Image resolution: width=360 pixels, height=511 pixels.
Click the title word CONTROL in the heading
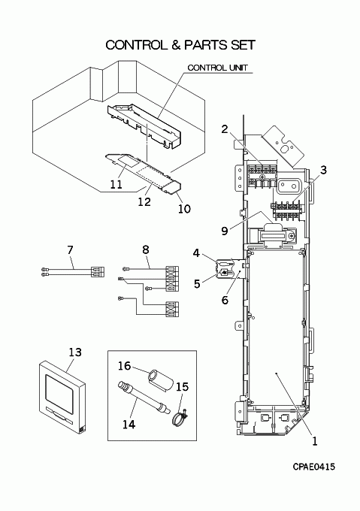[135, 45]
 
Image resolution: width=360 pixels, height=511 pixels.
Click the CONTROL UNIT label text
[218, 68]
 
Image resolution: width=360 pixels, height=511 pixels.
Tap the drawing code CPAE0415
[313, 467]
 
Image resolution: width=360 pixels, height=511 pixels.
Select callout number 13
[75, 352]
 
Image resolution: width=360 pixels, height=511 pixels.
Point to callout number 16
[125, 366]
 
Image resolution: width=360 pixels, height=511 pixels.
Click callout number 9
[225, 231]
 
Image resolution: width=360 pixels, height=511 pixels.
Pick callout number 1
[314, 441]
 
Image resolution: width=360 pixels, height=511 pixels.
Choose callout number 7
[70, 250]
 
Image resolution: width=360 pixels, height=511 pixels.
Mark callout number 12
[144, 202]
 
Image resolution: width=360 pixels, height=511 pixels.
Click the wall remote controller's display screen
[59, 390]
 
